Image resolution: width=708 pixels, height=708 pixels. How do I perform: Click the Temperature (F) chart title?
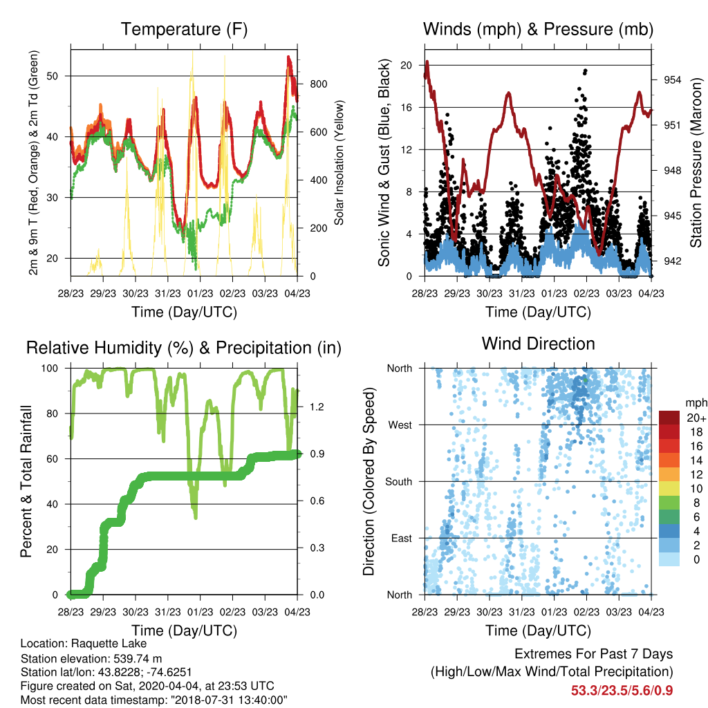[x=184, y=29]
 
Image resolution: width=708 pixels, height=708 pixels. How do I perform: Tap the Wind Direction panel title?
[x=538, y=344]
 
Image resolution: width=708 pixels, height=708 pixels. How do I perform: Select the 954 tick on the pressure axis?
[x=672, y=80]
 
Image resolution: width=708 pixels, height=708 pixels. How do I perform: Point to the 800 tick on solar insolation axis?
[x=318, y=84]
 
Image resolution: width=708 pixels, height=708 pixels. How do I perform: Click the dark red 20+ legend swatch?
[x=669, y=418]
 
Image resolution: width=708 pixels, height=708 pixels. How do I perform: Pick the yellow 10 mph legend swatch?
[x=669, y=489]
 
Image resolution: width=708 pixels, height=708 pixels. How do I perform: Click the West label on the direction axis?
[x=400, y=425]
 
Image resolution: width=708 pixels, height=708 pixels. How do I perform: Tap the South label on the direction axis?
[x=399, y=482]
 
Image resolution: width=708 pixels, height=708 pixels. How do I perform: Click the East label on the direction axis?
[x=402, y=538]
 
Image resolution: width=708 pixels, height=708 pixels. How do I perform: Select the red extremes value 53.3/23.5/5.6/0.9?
[x=622, y=691]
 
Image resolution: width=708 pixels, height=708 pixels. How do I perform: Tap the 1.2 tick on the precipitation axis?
[x=317, y=407]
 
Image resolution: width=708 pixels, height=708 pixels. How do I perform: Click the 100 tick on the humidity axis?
[x=50, y=369]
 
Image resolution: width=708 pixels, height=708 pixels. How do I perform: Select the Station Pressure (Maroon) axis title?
[x=696, y=162]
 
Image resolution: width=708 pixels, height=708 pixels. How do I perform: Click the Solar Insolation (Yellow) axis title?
[x=339, y=162]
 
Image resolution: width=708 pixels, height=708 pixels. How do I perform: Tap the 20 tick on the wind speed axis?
[x=407, y=66]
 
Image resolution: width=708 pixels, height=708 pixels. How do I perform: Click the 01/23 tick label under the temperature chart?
[x=200, y=293]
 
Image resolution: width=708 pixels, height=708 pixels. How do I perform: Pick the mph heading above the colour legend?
[x=696, y=403]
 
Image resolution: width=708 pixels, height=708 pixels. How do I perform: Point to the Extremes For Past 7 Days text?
[x=594, y=654]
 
